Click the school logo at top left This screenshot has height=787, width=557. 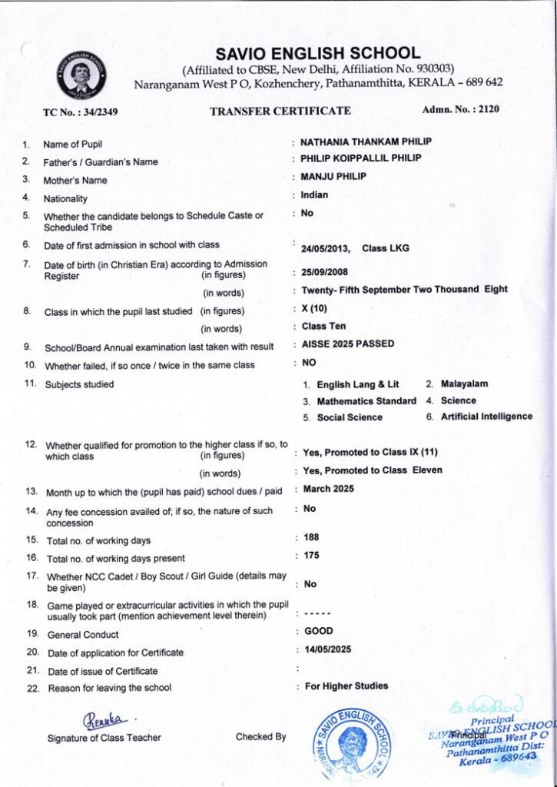[81, 75]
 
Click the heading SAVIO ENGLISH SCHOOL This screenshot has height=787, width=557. [318, 54]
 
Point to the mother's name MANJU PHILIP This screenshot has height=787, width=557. [333, 177]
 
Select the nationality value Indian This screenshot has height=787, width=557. [314, 195]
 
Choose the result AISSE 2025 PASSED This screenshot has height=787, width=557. [348, 344]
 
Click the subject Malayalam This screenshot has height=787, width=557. [464, 384]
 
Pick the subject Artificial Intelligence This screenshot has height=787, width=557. [486, 417]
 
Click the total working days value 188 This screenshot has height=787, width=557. [311, 537]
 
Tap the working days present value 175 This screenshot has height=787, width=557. [311, 555]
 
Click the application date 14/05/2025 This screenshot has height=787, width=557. [328, 649]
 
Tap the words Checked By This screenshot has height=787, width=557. [260, 737]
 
